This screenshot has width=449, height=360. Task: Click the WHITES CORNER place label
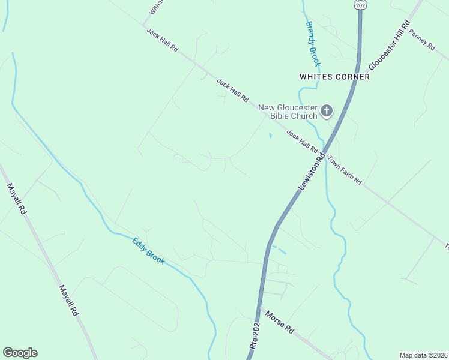coord(334,77)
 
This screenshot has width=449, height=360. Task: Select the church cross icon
coord(327,110)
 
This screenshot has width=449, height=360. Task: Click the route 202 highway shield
coord(360,4)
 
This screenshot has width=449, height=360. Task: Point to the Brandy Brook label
coord(313,44)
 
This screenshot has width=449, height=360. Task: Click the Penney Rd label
coord(421,40)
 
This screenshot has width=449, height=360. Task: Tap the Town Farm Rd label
coord(345,170)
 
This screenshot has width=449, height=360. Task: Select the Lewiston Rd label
coord(312,173)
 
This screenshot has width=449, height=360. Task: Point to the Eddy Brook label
coord(148,251)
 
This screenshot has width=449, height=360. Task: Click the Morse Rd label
coord(280,322)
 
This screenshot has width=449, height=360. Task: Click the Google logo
coord(20,353)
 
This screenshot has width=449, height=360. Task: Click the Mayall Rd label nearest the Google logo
coord(69,301)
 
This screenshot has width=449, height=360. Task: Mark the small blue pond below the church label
coord(270,136)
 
